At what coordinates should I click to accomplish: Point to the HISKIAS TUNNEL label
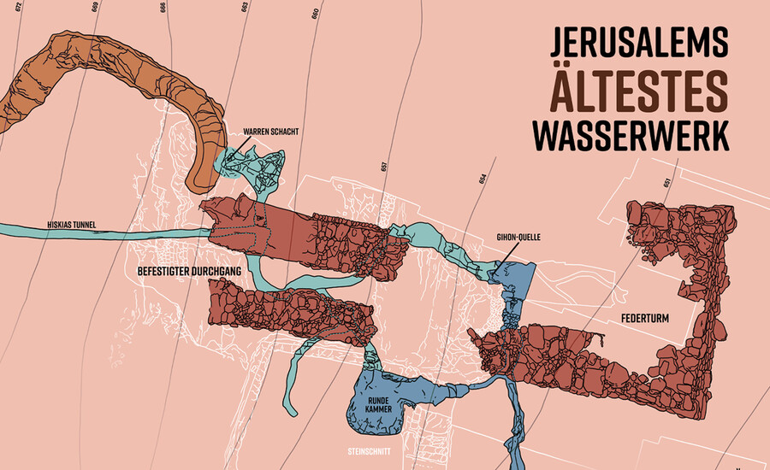coord(71,226)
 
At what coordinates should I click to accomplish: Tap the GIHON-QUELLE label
coord(520,237)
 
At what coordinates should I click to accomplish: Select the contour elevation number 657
coord(384,166)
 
